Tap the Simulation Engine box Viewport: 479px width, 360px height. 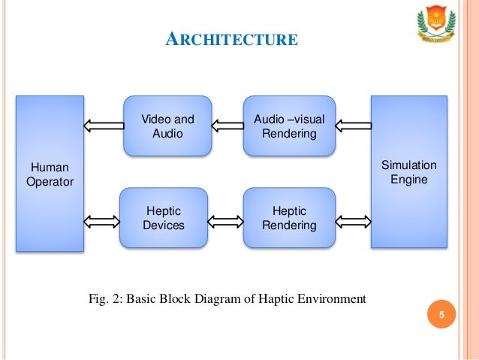click(408, 172)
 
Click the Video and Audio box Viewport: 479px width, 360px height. click(167, 126)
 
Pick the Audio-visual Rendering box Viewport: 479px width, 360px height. click(289, 126)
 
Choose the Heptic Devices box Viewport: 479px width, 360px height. click(163, 218)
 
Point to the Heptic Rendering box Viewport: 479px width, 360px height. click(289, 218)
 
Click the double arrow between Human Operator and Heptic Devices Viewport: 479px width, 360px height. click(102, 221)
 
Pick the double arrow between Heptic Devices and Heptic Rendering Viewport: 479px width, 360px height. click(225, 221)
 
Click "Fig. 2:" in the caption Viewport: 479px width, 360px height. click(106, 299)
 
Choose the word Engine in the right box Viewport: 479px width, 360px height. click(408, 180)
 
